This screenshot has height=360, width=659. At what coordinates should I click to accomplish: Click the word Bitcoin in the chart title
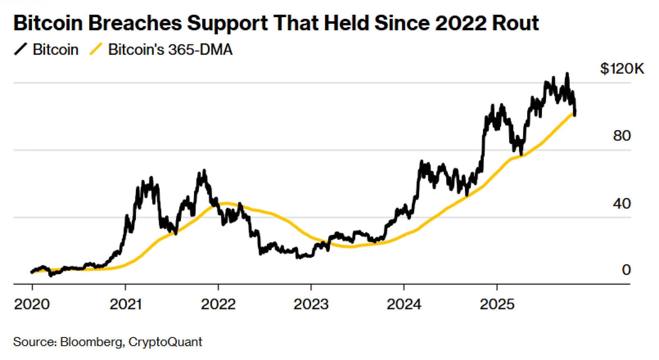tap(48, 23)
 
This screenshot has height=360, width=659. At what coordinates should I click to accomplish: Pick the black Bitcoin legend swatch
tap(21, 49)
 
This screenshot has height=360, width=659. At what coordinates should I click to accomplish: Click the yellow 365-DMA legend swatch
tap(96, 49)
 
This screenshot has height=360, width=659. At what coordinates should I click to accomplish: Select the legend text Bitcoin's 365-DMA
tap(170, 50)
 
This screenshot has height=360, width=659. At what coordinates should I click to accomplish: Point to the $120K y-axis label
tap(622, 69)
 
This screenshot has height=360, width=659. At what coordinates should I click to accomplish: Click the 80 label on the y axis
tap(622, 136)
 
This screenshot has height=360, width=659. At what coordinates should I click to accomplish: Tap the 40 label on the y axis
tap(622, 204)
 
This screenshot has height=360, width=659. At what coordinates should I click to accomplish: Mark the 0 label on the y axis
tap(626, 270)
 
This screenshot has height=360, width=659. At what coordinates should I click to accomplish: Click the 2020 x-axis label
tap(32, 304)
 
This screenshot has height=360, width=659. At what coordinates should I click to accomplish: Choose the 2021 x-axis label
tap(126, 304)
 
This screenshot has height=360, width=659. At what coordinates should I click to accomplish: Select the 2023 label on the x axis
tap(311, 304)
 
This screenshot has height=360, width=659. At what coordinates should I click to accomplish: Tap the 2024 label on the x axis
tap(404, 304)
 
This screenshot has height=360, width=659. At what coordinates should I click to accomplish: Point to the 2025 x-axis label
tap(497, 304)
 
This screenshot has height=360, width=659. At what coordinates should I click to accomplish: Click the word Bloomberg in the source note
tap(91, 342)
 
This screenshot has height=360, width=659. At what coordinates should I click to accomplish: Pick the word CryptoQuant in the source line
tap(165, 342)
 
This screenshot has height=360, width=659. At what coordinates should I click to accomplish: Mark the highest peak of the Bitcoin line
tap(567, 73)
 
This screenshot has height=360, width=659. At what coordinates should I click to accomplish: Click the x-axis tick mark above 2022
tap(218, 287)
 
